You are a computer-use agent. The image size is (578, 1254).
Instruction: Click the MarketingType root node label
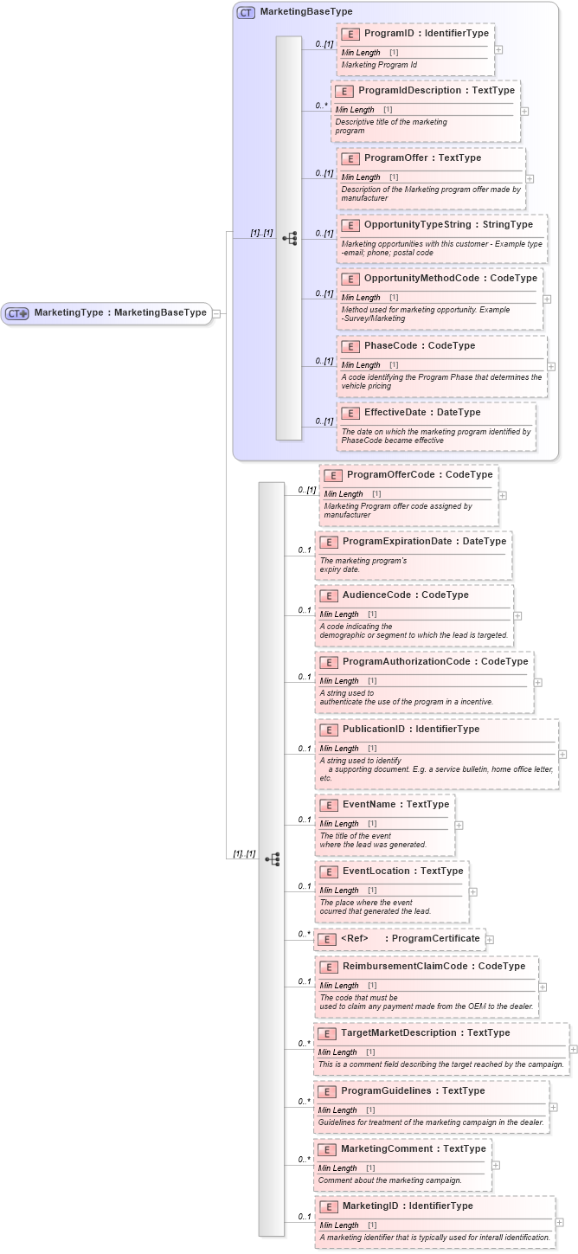(120, 313)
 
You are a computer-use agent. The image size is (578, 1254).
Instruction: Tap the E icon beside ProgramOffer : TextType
(350, 158)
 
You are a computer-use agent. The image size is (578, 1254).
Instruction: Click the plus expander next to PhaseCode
(551, 366)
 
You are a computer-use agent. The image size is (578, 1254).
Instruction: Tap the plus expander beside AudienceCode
(517, 616)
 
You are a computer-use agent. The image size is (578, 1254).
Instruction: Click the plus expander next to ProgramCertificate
(490, 939)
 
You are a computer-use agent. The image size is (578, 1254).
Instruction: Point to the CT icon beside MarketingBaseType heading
(246, 13)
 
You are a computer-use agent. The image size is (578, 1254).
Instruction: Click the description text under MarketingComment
(389, 1180)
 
